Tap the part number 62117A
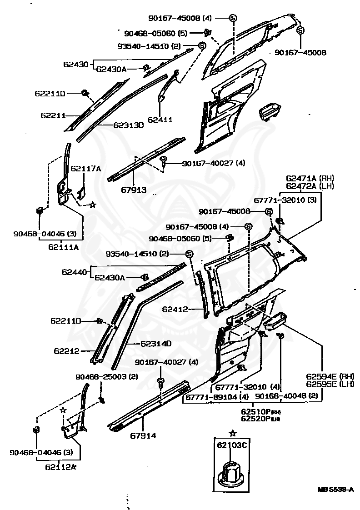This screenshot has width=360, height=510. point(85,168)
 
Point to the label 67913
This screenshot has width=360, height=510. point(134,190)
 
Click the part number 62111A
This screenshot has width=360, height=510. point(64,247)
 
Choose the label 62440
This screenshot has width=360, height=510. point(74,272)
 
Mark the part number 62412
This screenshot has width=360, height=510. point(175,310)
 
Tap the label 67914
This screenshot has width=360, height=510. point(143,435)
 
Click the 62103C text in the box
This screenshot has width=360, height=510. point(232,445)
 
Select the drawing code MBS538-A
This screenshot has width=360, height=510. point(335,490)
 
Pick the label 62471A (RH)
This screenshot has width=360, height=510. point(310,178)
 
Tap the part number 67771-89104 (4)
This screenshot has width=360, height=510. point(216,397)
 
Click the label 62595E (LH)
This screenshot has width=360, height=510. point(323,384)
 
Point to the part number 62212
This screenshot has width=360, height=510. point(66,351)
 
